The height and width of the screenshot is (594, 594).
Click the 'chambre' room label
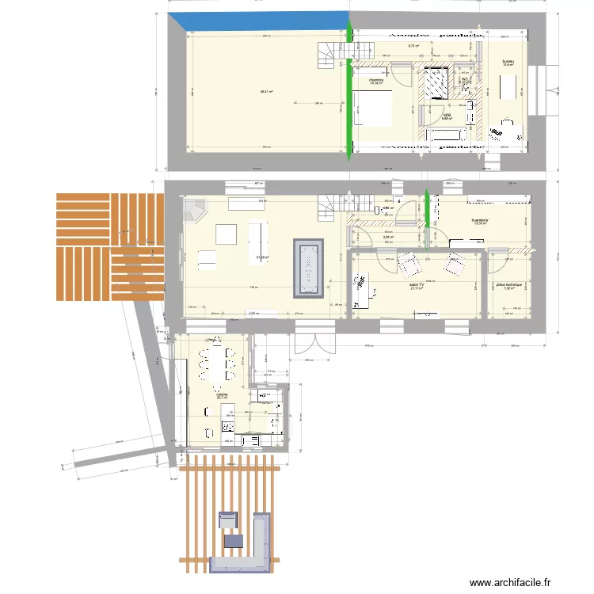pyautogui.click(x=376, y=79)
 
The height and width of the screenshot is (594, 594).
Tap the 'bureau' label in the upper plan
pyautogui.click(x=508, y=61)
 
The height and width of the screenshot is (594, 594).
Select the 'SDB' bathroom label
pyautogui.click(x=447, y=115)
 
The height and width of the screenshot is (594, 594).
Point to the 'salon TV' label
pyautogui.click(x=416, y=284)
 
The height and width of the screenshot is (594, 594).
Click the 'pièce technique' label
pyautogui.click(x=510, y=284)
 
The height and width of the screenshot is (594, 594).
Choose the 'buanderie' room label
pyautogui.click(x=480, y=219)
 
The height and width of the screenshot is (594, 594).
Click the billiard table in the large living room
pyautogui.click(x=308, y=268)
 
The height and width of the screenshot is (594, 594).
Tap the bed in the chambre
pyautogui.click(x=373, y=109)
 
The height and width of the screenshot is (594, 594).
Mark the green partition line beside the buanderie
pyautogui.click(x=428, y=218)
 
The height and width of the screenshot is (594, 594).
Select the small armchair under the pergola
pyautogui.click(x=227, y=520)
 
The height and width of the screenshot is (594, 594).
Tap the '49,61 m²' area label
pyautogui.click(x=266, y=92)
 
